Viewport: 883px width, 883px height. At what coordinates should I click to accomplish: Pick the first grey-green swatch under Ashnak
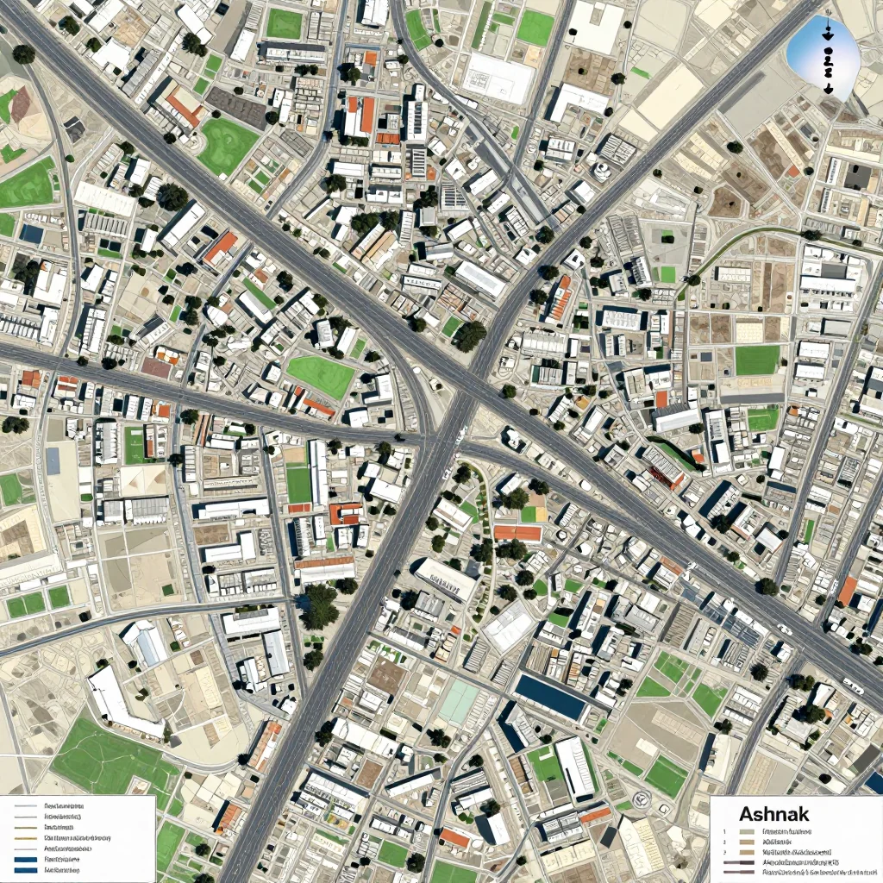coord(747,833)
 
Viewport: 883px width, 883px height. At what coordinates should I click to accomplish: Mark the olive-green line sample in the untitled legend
coord(27,836)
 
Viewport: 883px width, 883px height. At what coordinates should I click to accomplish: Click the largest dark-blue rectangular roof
coord(549,698)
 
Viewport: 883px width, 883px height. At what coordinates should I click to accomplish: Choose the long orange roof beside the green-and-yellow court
coord(517,533)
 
